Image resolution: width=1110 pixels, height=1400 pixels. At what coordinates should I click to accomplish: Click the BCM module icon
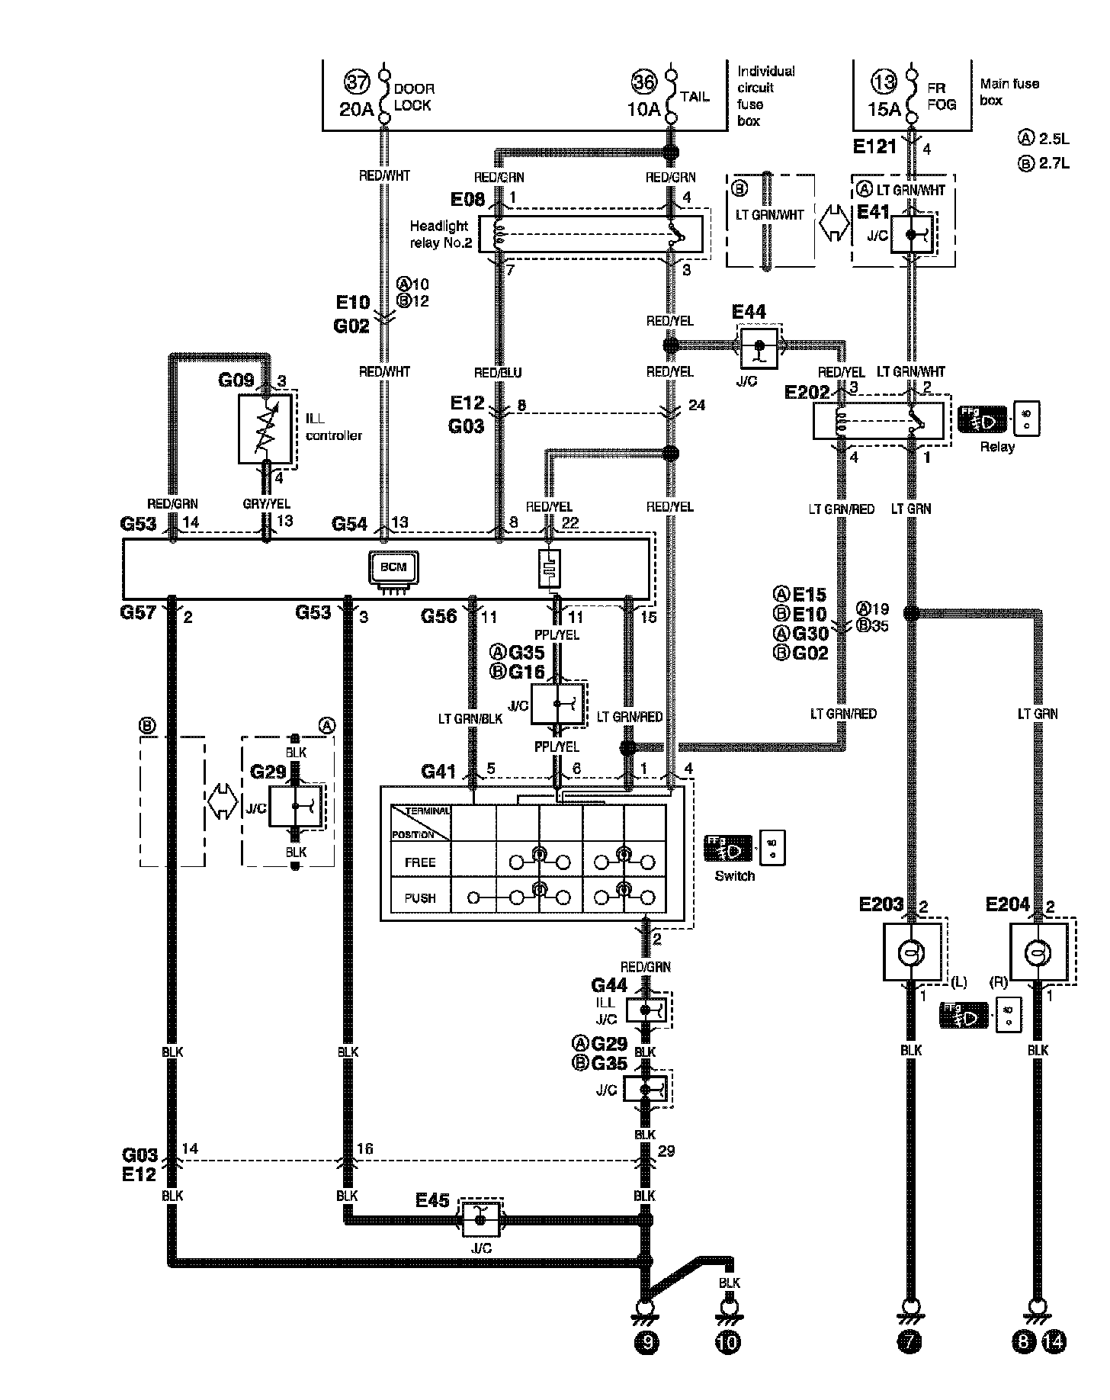coord(394,568)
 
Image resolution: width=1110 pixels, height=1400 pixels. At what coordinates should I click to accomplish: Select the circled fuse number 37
coord(356,82)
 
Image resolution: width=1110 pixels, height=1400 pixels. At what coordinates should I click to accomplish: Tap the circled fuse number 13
coord(885,82)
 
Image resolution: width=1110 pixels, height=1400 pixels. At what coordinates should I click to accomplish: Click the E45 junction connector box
coord(480,1220)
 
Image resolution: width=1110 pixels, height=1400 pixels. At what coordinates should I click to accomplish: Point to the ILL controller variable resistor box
coord(264,429)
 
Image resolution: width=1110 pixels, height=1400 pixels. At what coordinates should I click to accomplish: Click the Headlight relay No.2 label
coord(441,235)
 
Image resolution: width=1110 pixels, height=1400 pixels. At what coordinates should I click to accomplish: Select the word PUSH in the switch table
coord(420,897)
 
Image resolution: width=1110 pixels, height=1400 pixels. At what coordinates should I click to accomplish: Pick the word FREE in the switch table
coord(420,862)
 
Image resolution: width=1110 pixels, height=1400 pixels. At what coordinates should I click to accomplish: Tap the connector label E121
coord(874,147)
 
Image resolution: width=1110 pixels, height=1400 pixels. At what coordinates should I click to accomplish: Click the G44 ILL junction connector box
coord(646,1010)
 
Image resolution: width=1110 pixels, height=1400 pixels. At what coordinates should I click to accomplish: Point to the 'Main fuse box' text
coord(1009,92)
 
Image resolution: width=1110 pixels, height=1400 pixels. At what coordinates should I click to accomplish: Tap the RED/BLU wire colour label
coord(498,373)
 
